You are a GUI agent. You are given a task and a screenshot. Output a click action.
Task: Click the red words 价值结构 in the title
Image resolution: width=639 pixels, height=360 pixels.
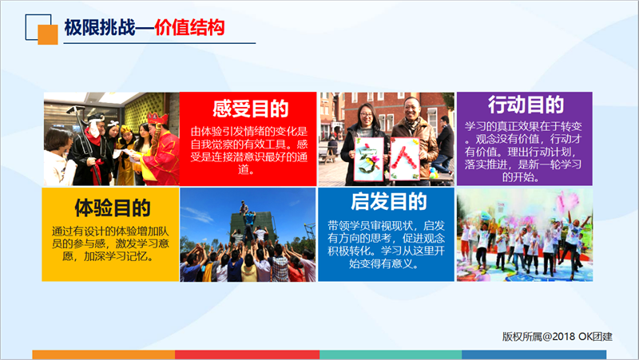point(189,28)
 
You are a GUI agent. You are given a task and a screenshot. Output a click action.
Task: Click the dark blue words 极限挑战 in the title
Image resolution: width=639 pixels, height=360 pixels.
point(100,28)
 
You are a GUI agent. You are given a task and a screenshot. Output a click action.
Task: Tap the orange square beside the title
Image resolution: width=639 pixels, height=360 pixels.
point(48,34)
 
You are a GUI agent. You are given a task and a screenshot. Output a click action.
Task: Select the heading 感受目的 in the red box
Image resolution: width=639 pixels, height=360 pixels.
point(250,109)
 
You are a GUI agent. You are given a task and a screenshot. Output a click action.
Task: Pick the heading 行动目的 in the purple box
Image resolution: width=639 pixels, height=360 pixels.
point(526,105)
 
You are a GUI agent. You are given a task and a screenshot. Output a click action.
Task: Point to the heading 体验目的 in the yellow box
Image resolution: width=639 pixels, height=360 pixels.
point(113,208)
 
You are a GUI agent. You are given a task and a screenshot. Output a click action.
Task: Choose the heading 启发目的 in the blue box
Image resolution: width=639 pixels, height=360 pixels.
point(388,202)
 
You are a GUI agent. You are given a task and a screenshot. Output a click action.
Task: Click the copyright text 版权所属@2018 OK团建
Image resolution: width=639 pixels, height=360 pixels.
point(557,336)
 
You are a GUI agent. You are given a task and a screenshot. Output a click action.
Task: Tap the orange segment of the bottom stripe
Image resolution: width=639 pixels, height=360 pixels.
point(104,354)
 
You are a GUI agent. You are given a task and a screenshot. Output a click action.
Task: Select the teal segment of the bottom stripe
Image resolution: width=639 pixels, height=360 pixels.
point(391,354)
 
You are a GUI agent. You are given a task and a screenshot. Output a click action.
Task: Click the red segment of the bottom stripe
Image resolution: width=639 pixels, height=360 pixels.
point(248,354)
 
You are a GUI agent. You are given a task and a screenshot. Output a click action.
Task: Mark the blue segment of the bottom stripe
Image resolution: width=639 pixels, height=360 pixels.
point(534,354)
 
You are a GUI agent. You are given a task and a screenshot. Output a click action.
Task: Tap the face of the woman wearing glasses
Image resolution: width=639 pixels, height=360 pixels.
point(366,115)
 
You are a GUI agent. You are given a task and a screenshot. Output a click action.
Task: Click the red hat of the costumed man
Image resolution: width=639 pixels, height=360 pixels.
point(157,118)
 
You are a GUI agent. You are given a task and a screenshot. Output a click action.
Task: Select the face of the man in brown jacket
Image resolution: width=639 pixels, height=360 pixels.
point(411,108)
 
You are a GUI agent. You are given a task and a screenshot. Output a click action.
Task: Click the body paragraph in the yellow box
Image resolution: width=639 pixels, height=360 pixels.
point(110,244)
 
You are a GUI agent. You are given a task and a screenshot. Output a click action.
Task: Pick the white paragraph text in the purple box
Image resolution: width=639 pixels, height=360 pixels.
point(523,152)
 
